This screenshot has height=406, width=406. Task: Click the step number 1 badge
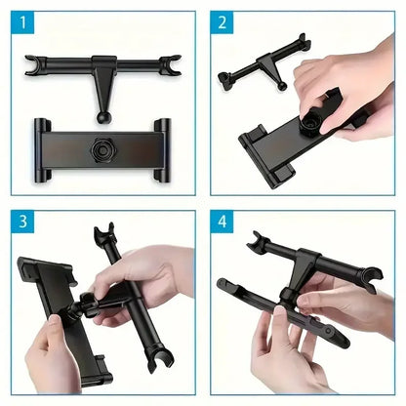[22, 23]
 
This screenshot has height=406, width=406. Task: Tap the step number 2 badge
[224, 23]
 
